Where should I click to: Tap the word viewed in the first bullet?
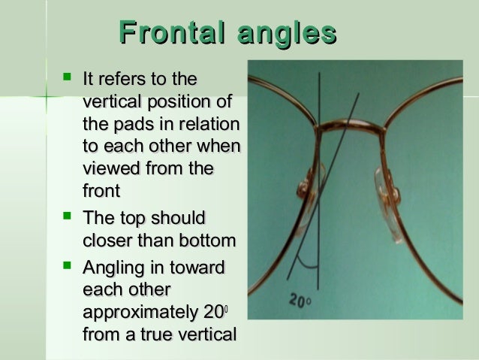pos(110,170)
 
